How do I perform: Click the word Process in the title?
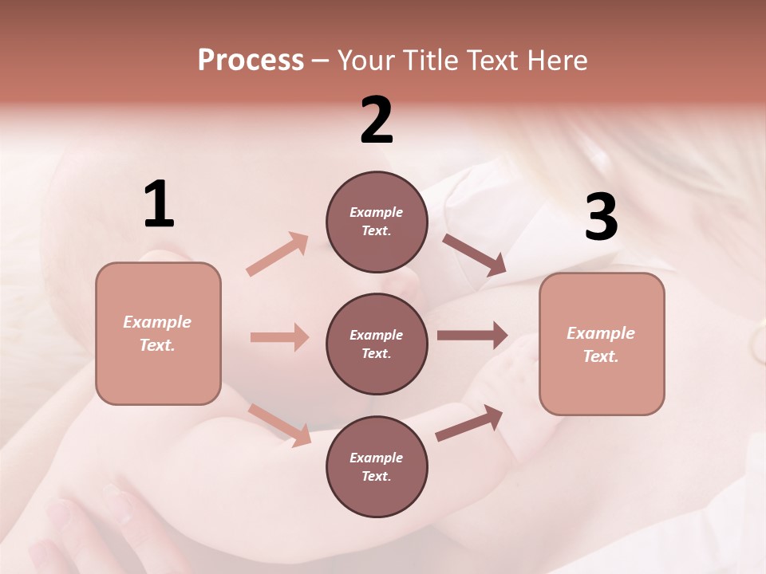(251, 61)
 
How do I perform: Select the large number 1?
(159, 205)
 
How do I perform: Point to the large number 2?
(377, 120)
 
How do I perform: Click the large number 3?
(601, 218)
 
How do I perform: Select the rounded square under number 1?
(158, 333)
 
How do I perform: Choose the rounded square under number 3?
(602, 344)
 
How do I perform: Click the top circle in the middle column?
(377, 222)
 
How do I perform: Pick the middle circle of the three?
(377, 344)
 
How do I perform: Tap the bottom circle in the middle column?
(377, 466)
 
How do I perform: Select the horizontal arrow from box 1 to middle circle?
(279, 337)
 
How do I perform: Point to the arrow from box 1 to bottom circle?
(279, 424)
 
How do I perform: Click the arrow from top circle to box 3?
(474, 254)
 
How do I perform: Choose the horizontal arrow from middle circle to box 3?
(472, 335)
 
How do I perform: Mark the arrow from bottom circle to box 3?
(469, 423)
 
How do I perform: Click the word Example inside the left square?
(157, 322)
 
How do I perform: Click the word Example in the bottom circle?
(376, 458)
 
